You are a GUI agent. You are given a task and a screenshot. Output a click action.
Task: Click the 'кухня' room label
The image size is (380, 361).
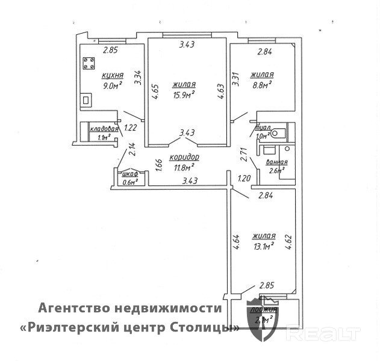113,75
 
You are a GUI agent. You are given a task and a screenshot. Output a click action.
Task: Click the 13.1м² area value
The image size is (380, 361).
264,245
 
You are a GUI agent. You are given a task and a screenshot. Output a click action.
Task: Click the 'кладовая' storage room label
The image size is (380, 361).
103,129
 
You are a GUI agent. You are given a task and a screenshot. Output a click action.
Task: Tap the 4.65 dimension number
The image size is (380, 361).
155,95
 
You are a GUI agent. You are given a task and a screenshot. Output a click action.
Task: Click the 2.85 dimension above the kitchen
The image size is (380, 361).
109,50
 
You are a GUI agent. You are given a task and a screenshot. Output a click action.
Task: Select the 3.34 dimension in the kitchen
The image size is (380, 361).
138,78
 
